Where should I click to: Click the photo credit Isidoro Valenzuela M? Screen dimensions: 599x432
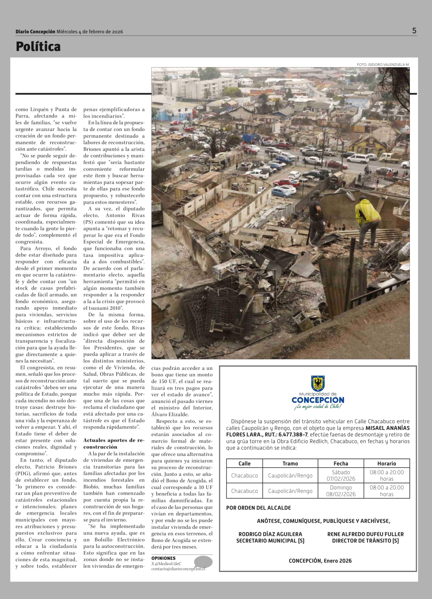[383, 64]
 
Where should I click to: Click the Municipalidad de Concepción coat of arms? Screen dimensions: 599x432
[318, 383]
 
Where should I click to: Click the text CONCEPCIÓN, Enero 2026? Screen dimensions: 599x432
[320, 561]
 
